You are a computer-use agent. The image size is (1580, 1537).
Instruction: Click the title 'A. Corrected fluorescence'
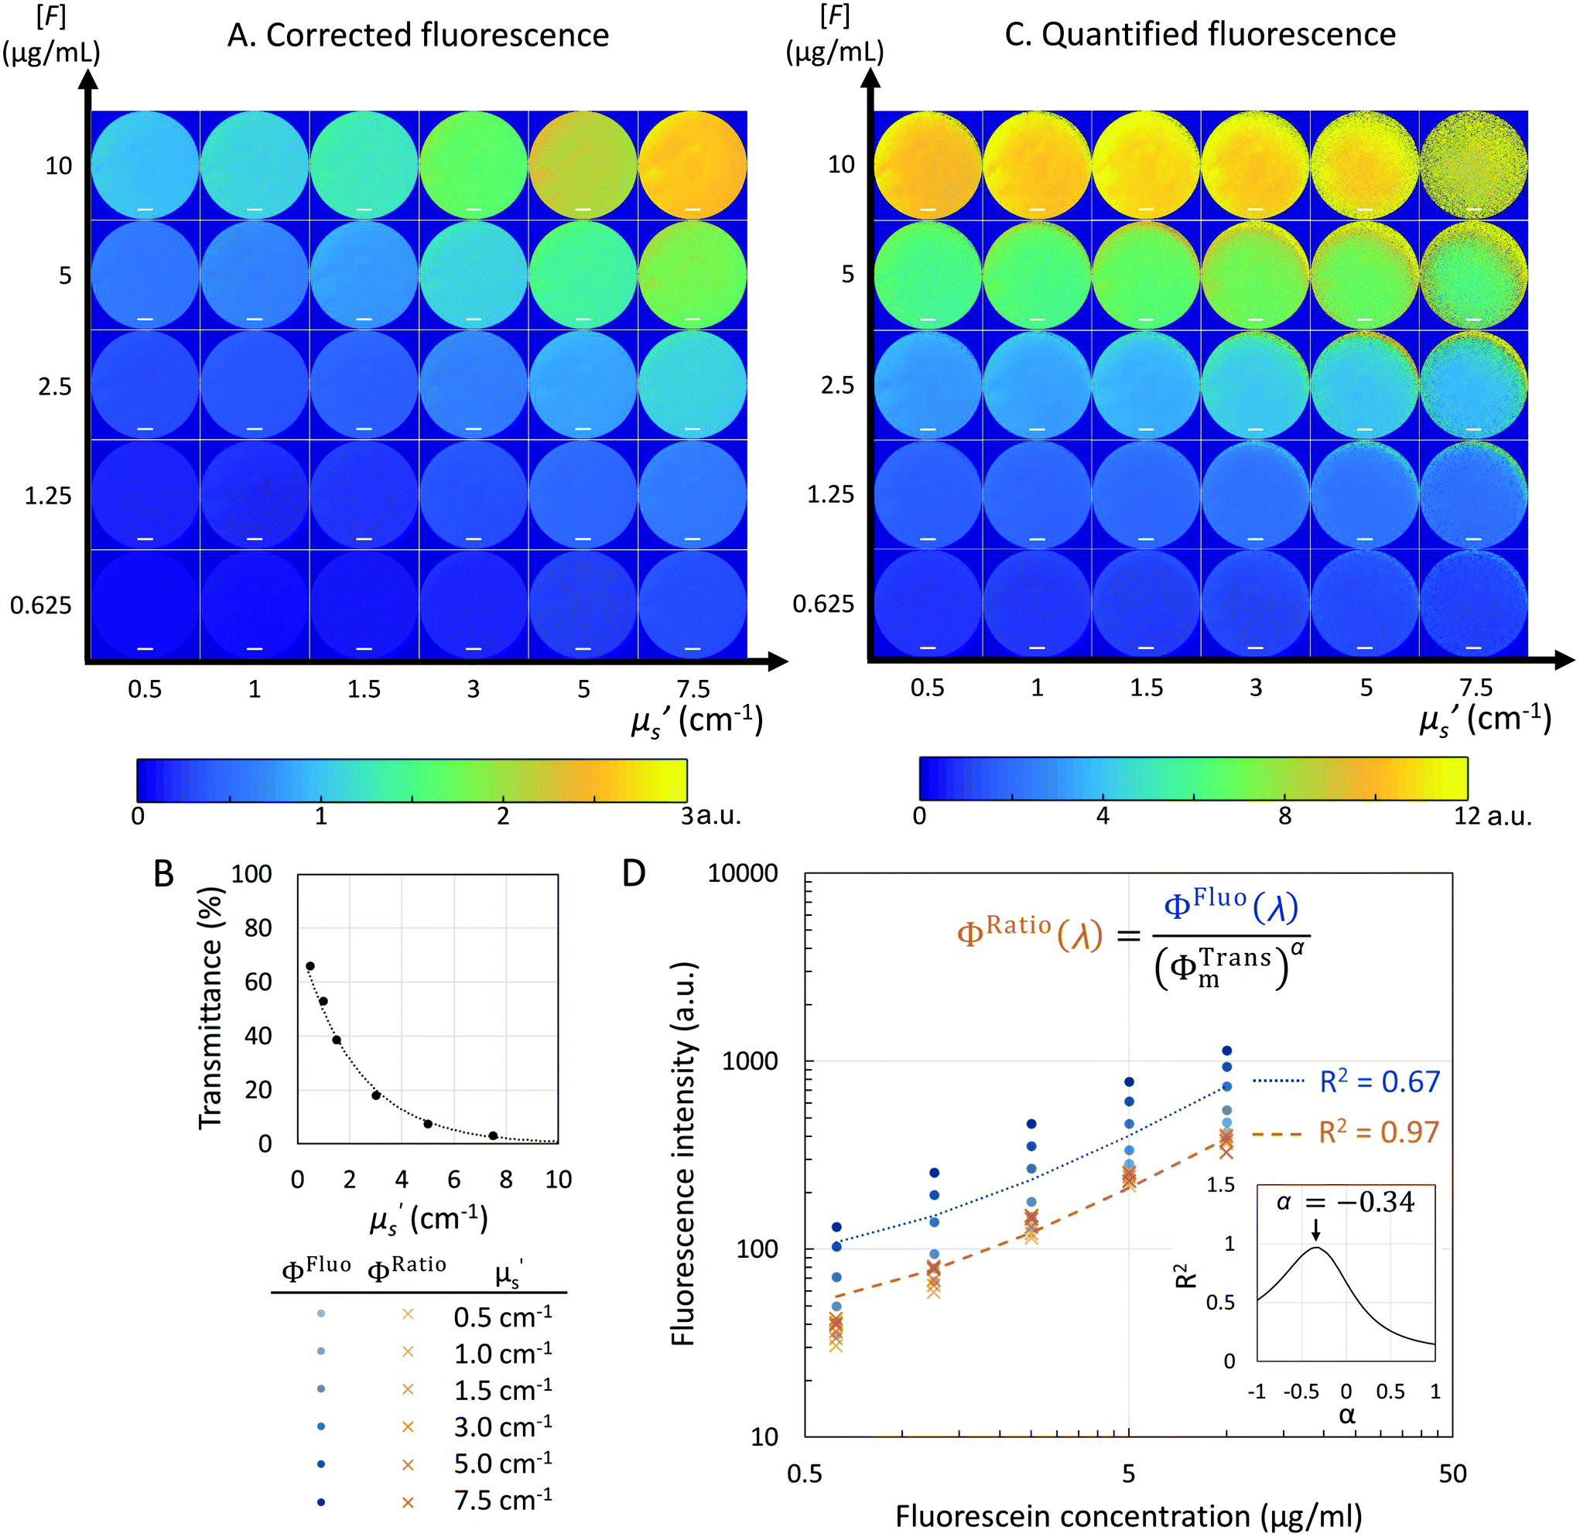tap(418, 36)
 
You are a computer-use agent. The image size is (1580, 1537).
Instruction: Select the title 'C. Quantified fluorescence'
tap(1200, 35)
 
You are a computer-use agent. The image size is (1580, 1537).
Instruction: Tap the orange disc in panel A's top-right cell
tap(693, 166)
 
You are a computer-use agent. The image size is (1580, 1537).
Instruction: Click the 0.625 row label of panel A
tap(40, 605)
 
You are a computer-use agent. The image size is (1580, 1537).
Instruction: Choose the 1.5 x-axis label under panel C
tap(1147, 688)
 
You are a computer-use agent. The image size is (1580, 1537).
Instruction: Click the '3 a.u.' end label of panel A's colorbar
tap(710, 816)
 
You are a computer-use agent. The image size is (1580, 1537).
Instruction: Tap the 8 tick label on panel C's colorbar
tap(1284, 816)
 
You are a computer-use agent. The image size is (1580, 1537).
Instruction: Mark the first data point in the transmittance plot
tap(310, 966)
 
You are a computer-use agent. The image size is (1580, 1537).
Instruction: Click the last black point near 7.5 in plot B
tap(494, 1136)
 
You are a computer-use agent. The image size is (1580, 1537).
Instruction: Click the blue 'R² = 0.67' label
tap(1380, 1081)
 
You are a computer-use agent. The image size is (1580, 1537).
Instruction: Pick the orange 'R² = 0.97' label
tap(1379, 1132)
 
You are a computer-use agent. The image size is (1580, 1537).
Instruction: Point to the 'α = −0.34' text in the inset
tap(1345, 1203)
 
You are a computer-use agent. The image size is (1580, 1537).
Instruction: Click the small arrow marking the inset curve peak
tap(1316, 1229)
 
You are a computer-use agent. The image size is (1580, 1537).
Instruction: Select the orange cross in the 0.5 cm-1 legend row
tap(408, 1314)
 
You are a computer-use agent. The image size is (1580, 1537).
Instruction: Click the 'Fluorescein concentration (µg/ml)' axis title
tap(1129, 1517)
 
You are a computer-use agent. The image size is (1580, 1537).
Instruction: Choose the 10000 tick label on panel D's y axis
tap(743, 873)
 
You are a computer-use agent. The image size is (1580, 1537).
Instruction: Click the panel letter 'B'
tap(164, 874)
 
